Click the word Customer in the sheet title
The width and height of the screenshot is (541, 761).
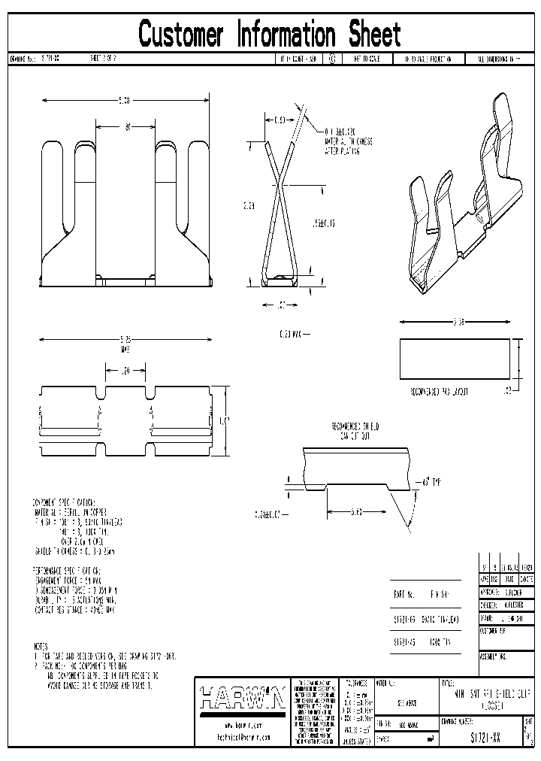[x=180, y=34]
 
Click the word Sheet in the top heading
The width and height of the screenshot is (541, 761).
[x=374, y=34]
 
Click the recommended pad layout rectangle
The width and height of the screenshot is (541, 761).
[x=455, y=357]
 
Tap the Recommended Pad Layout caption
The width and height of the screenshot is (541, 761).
[x=440, y=392]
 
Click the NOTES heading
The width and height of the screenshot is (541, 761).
[x=41, y=646]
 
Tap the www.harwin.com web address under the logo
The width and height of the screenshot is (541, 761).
[x=241, y=726]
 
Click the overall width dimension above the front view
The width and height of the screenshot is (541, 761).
[x=125, y=100]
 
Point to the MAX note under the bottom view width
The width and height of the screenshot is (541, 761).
[x=125, y=349]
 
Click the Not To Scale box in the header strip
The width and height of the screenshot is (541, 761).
[x=368, y=58]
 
